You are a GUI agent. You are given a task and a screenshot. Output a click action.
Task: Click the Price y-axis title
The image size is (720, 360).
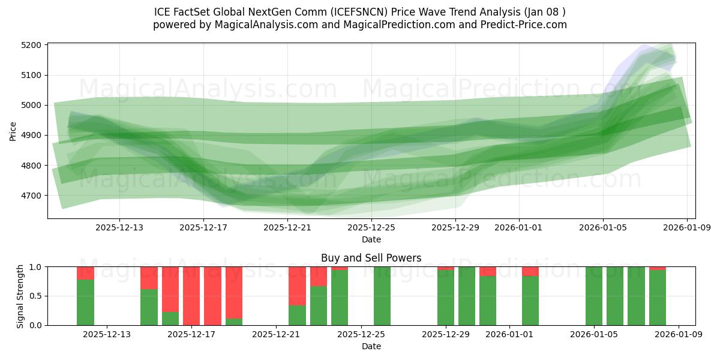[x=13, y=131]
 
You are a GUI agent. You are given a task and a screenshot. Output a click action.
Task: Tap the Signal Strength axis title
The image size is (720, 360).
[x=20, y=296]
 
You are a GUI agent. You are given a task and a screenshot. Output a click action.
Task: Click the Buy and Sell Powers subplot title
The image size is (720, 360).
[x=371, y=258]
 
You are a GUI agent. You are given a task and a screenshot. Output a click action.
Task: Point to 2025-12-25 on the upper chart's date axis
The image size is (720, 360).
[x=371, y=227]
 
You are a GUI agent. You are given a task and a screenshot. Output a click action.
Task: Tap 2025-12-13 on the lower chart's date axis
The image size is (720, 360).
[x=106, y=334]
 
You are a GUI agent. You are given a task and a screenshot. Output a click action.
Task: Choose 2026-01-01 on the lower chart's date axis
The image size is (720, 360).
[x=509, y=334]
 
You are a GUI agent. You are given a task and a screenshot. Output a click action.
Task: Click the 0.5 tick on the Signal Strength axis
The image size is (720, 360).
[x=35, y=296]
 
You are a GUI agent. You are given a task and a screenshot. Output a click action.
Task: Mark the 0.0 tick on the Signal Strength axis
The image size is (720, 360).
[x=35, y=325]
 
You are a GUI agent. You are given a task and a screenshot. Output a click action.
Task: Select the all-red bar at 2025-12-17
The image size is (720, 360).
[x=191, y=296]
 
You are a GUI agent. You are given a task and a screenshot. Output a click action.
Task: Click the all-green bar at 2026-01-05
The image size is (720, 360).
[x=594, y=296]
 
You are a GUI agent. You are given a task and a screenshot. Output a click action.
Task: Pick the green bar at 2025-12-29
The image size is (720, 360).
[x=446, y=298]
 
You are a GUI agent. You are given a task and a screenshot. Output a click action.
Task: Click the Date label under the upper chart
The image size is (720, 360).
[x=371, y=239]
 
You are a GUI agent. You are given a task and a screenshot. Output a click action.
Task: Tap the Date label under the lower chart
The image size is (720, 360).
[x=371, y=346]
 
